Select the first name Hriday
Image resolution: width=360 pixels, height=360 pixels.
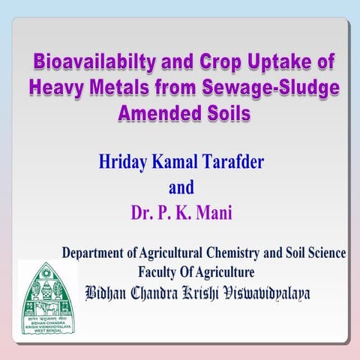coord(123,161)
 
